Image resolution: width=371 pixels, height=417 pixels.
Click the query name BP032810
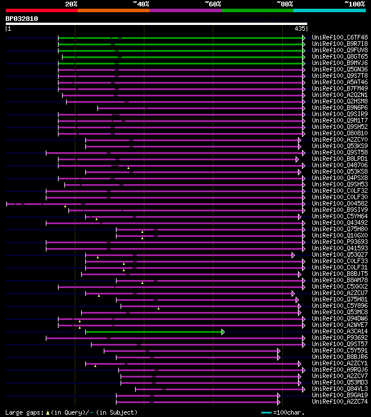tap(22, 19)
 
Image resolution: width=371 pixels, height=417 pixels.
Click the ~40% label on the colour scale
tap(141, 3)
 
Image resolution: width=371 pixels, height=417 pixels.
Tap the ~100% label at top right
tap(354, 3)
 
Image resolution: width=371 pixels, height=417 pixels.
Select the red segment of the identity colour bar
tap(41, 10)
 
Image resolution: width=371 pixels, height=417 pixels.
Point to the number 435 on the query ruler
tap(300, 28)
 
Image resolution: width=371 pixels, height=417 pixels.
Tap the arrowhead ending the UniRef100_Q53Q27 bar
tap(293, 255)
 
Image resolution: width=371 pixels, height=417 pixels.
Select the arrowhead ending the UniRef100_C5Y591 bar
tap(278, 351)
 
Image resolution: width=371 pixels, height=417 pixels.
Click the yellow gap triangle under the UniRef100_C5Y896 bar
tap(158, 309)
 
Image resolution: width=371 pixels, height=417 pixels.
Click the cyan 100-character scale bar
tap(266, 412)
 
